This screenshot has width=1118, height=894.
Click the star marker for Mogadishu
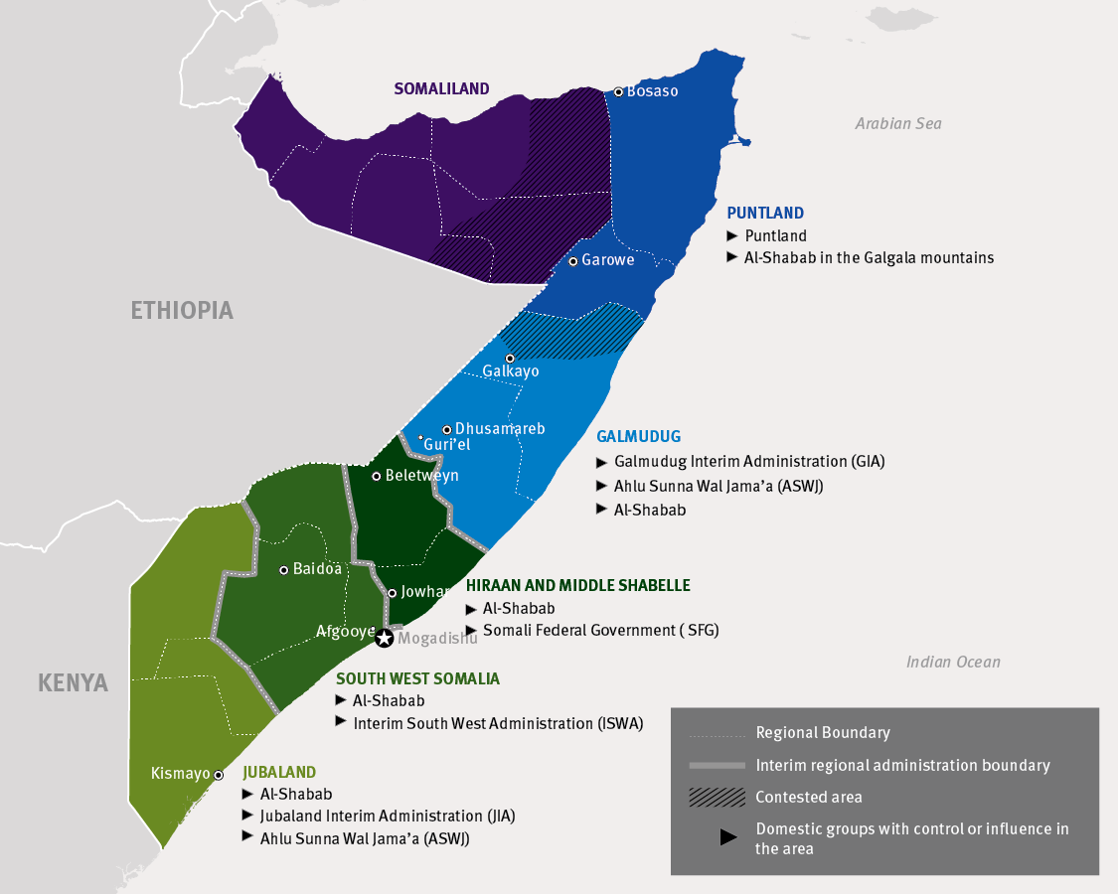coord(384,639)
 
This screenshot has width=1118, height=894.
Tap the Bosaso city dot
coord(618,91)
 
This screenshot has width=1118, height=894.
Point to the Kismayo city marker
coord(219,775)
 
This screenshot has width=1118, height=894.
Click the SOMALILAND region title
coord(441,88)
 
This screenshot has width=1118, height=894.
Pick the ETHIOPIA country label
coord(182,310)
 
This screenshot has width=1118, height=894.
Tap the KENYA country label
coord(73,682)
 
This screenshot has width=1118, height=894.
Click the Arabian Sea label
coord(898,124)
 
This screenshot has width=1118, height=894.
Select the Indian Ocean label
coord(953,662)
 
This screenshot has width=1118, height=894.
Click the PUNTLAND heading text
coord(765,213)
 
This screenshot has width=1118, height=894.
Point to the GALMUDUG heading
coord(638,436)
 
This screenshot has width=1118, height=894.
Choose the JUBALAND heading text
coord(278,772)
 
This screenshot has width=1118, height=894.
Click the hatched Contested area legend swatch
coord(717,797)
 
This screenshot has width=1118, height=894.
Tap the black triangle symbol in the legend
coord(728,837)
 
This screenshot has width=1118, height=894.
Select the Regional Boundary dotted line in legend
coord(717,734)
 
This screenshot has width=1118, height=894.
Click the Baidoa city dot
coord(284,570)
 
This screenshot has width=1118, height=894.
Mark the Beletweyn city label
coord(421,476)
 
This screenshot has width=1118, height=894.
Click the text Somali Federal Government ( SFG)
coord(600,630)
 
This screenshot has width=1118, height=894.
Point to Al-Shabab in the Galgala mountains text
coord(869,257)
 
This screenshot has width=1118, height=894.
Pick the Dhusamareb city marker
coord(447,429)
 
